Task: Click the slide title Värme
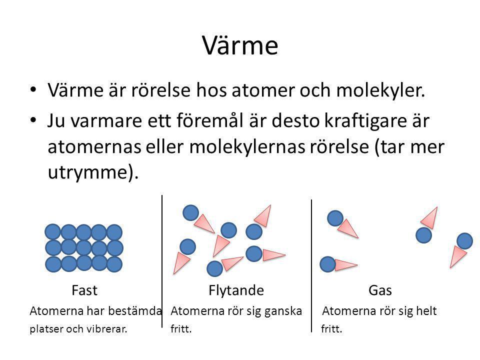click(x=240, y=45)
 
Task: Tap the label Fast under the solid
click(x=84, y=290)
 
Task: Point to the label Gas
click(x=380, y=290)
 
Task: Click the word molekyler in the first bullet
click(x=380, y=91)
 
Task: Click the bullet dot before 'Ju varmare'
click(x=33, y=119)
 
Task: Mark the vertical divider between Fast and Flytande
click(x=162, y=261)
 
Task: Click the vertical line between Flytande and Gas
click(x=311, y=265)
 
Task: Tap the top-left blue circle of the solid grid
click(x=52, y=231)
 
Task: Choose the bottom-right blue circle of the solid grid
click(x=114, y=264)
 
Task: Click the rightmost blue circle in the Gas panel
click(x=464, y=241)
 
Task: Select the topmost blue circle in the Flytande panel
click(x=190, y=213)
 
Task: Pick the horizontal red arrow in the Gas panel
click(x=346, y=265)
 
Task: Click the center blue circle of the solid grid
click(x=83, y=247)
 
